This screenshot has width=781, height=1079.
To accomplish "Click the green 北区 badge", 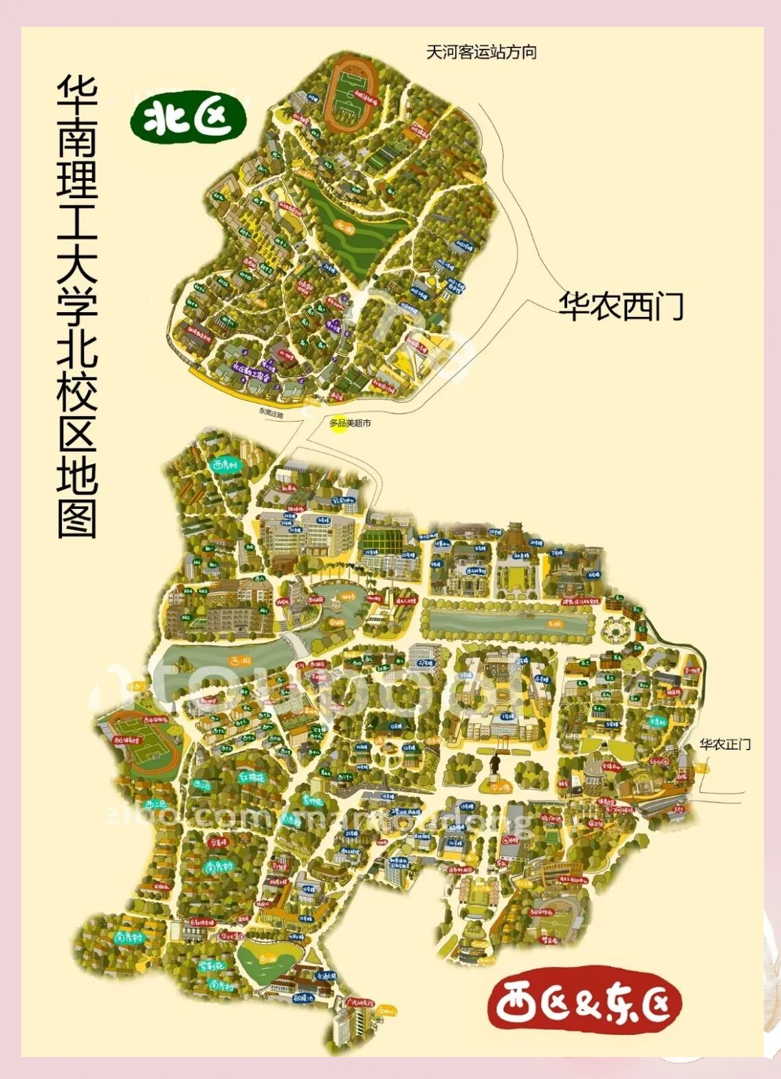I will click(x=188, y=118).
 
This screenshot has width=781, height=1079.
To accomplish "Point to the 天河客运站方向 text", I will click(x=481, y=52).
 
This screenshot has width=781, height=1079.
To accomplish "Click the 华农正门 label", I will click(x=725, y=744).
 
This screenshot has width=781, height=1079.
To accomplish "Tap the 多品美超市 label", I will click(x=350, y=423).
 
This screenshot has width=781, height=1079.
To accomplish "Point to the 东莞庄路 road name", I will click(x=271, y=413).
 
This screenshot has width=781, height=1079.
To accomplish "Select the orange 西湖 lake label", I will click(x=240, y=662).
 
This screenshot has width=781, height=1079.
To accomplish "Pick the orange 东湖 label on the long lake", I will click(x=554, y=624).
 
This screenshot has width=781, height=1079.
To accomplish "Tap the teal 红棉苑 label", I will click(x=252, y=778).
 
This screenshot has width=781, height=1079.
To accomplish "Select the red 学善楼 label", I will click(x=218, y=842).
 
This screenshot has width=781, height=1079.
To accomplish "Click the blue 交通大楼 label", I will click(x=325, y=975).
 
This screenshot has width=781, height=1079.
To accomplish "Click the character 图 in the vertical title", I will click(x=77, y=516).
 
